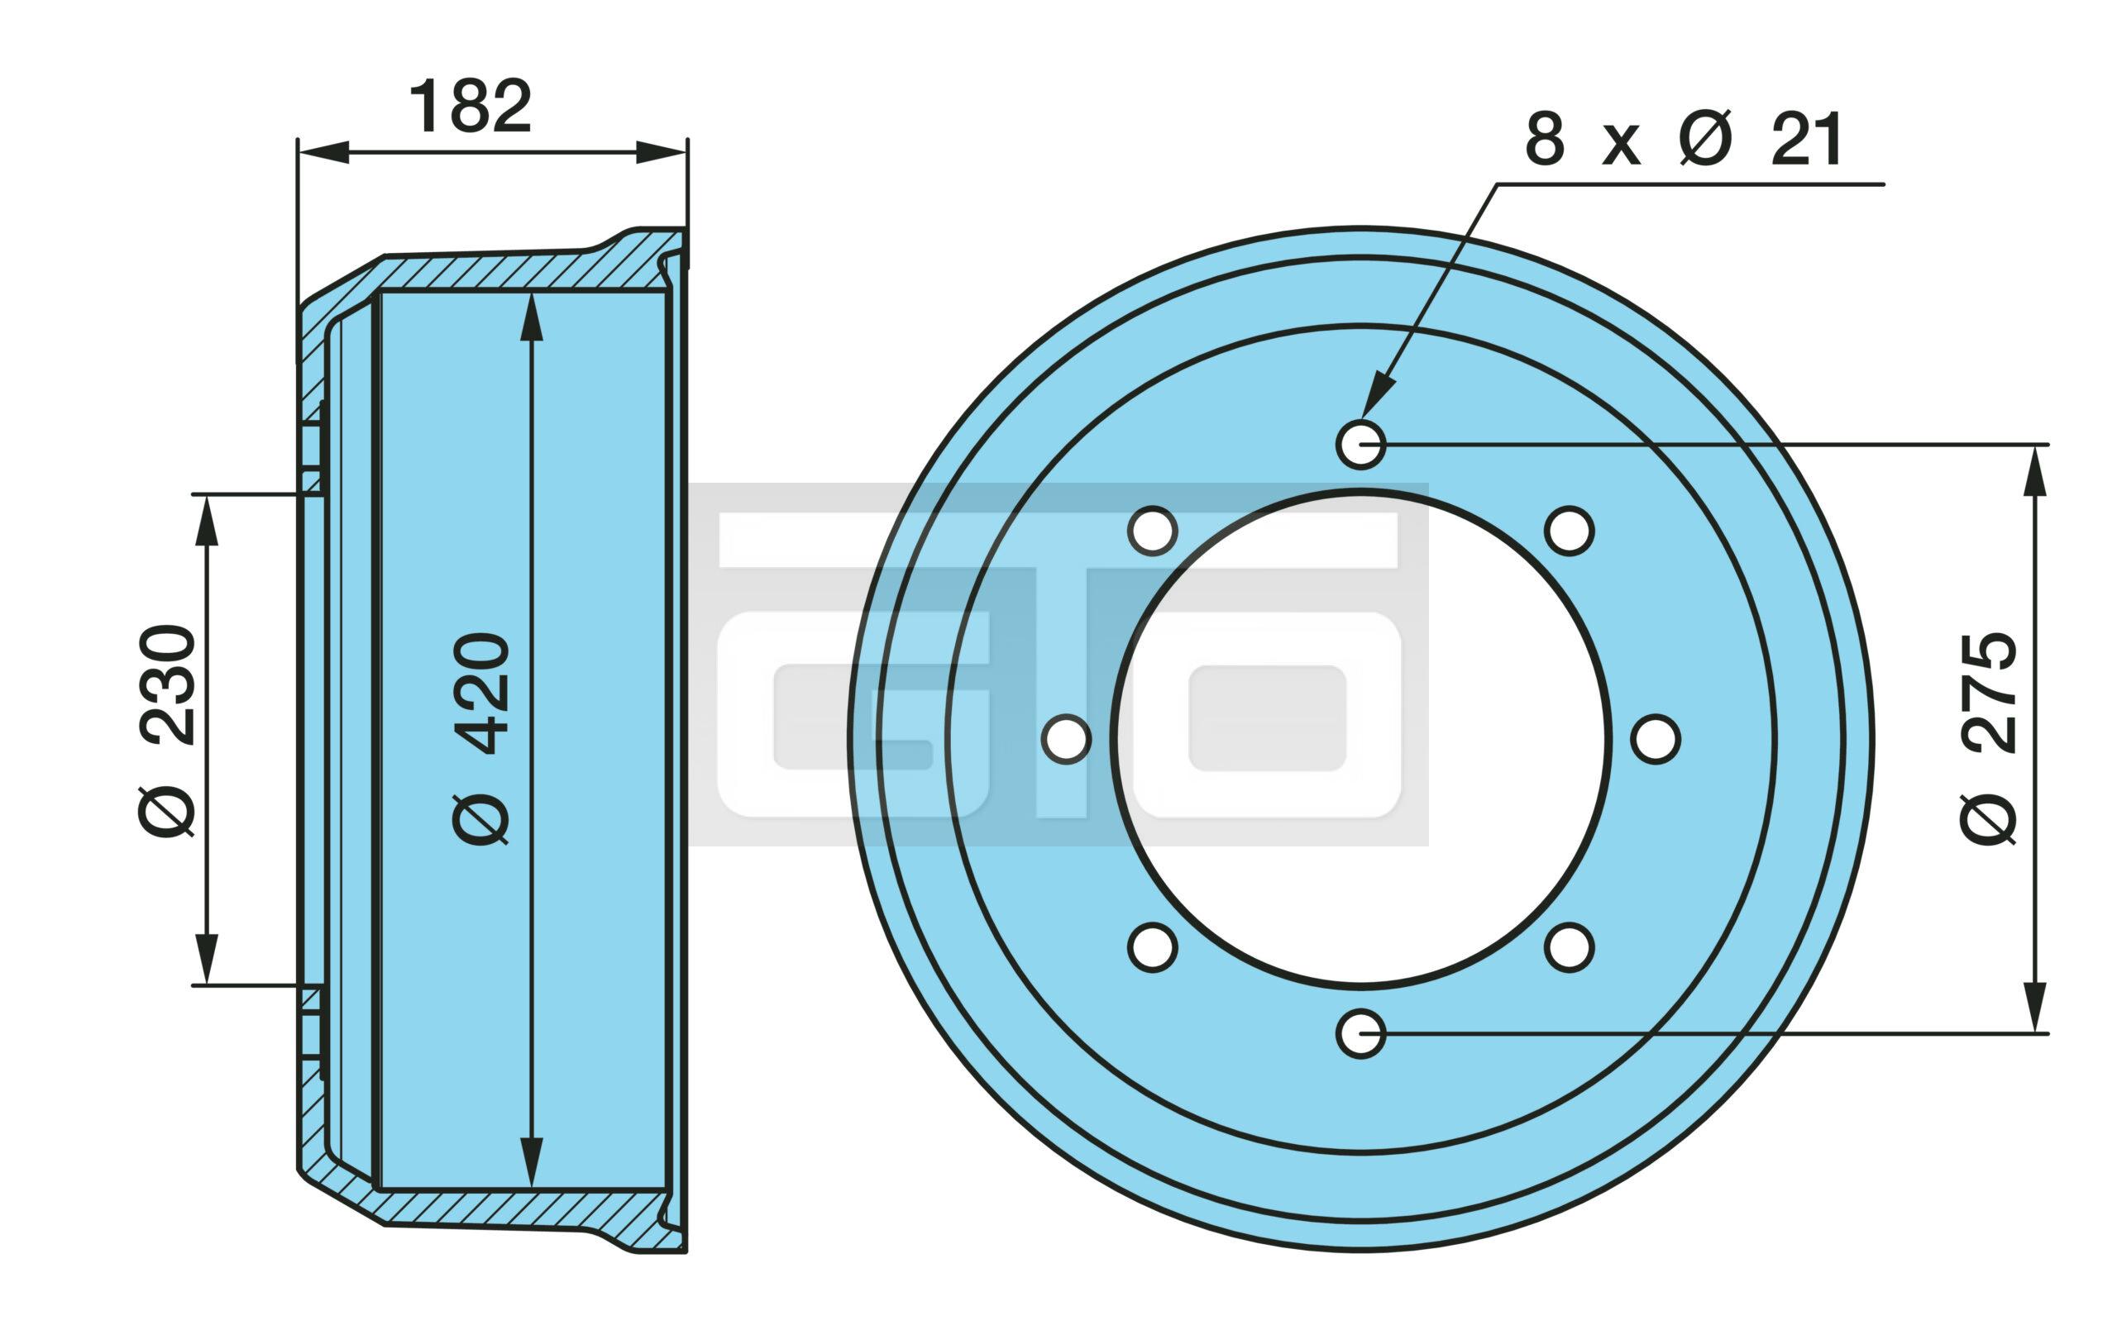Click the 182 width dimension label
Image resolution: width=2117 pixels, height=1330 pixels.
point(471,107)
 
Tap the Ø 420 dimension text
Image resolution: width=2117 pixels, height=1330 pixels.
point(481,738)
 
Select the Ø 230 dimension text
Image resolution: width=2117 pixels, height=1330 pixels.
point(166,732)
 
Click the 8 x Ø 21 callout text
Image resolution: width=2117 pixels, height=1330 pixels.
point(1684,139)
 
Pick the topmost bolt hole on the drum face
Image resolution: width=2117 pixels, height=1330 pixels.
point(1361,445)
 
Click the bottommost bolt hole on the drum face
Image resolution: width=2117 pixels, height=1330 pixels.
point(1361,1034)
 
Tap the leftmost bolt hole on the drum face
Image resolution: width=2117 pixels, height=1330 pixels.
point(1067,739)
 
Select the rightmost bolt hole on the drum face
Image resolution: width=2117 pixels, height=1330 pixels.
point(1656,739)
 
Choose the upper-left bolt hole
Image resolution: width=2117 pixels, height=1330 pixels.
point(1153,531)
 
